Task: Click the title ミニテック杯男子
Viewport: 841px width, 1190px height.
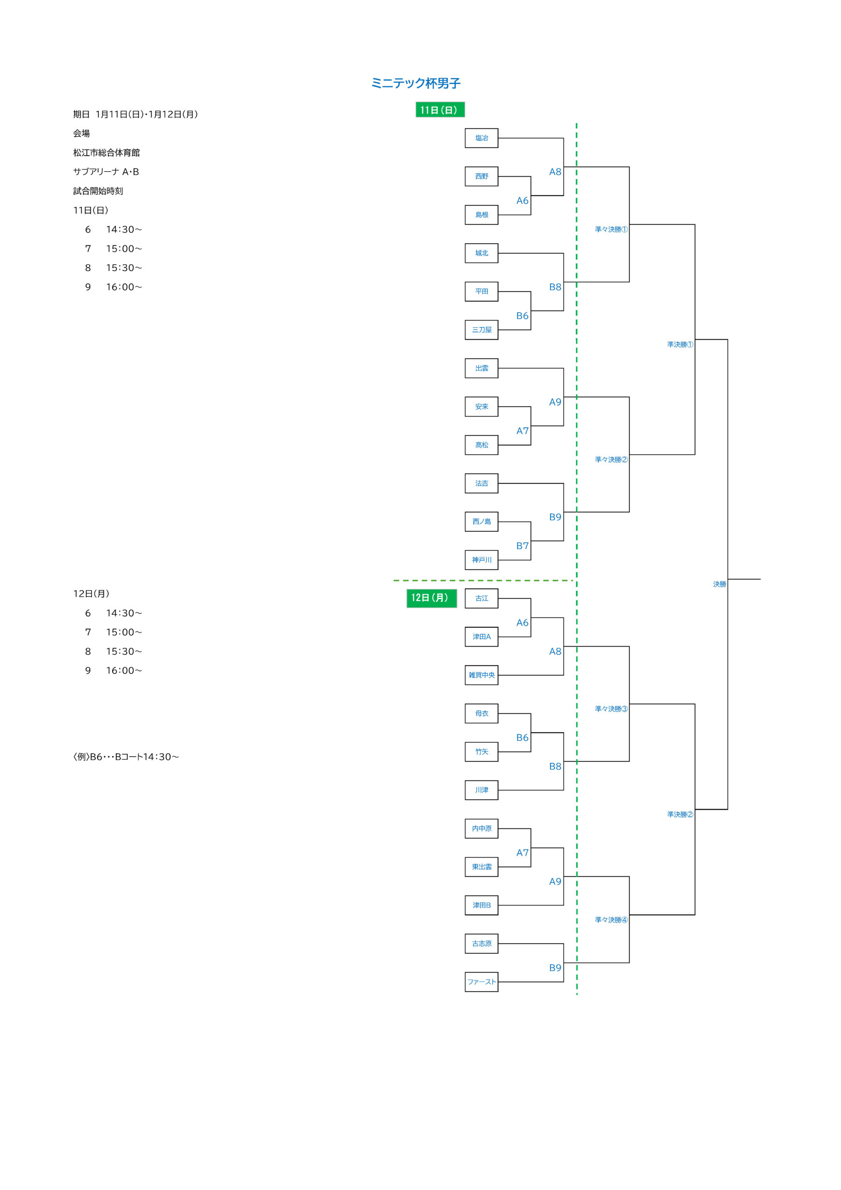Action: [415, 83]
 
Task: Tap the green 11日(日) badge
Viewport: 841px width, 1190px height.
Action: [439, 110]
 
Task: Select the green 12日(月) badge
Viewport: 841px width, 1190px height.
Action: [431, 598]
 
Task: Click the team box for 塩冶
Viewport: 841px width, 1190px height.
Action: [481, 139]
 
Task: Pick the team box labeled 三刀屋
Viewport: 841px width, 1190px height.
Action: [481, 330]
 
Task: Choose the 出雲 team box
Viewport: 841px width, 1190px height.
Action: [481, 369]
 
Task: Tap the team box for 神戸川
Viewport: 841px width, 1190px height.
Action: [481, 560]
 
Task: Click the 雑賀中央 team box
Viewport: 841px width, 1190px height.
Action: [481, 675]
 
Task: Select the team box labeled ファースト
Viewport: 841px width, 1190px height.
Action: [481, 982]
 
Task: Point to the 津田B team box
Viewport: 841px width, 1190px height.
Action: [481, 906]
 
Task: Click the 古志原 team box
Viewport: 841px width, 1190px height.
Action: [481, 944]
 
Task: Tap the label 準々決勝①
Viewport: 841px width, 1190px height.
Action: [611, 230]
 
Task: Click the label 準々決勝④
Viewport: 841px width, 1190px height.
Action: [611, 920]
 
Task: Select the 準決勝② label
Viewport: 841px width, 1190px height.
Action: [680, 815]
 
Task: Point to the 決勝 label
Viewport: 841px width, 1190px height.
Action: [719, 584]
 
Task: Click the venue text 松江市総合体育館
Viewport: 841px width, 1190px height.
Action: [106, 153]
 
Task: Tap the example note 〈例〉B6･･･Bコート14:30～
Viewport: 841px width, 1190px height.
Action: [126, 757]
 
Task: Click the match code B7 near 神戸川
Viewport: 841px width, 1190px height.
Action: [522, 546]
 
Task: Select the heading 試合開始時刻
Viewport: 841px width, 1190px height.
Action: [98, 191]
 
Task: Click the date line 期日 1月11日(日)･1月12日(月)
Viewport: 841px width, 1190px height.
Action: [135, 114]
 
